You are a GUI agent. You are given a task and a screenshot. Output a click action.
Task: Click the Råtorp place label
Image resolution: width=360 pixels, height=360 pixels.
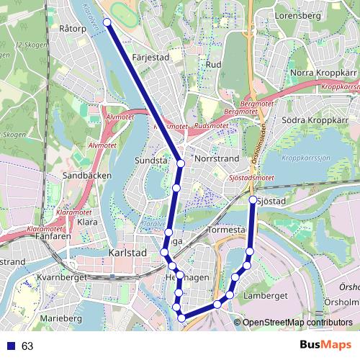tap(74, 30)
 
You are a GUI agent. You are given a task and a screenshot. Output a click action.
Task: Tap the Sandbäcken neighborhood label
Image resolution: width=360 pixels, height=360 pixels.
tap(86, 175)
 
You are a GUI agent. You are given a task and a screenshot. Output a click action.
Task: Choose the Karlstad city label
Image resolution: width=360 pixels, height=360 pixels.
tap(126, 253)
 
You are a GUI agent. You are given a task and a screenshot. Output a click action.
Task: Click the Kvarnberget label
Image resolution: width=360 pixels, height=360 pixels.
tap(65, 277)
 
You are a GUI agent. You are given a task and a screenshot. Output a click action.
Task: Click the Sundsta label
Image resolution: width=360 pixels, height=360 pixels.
tap(152, 161)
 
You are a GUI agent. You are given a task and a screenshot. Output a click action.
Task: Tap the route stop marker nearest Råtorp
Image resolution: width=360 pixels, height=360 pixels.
tap(108, 22)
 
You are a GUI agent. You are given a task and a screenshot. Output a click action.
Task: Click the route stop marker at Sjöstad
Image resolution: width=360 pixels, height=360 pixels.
tap(253, 199)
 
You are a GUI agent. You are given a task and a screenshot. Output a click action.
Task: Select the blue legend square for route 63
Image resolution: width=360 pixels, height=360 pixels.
tap(11, 346)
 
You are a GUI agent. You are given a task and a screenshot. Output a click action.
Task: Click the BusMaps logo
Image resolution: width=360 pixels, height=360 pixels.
tap(325, 345)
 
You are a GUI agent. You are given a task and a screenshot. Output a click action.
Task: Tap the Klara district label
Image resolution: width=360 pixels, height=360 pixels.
tap(86, 222)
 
